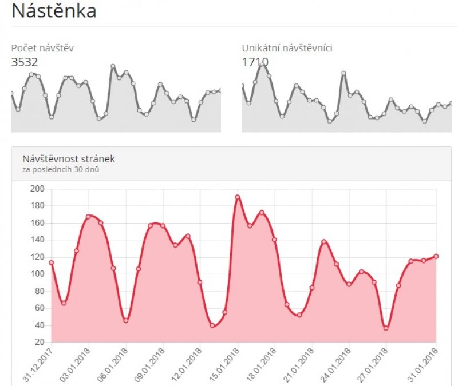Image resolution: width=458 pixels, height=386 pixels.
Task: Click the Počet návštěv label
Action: click(42, 49)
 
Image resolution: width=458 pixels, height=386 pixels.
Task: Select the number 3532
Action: click(25, 62)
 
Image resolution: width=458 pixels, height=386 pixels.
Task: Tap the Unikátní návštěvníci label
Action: click(287, 49)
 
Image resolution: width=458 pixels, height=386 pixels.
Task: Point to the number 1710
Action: click(255, 62)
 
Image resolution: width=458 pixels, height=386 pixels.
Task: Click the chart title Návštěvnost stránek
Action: click(69, 159)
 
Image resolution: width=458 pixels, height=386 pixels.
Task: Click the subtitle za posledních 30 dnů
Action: click(62, 169)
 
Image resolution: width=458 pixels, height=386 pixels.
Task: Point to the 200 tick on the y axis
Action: click(37, 189)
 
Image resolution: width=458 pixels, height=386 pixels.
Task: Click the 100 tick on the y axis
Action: click(37, 274)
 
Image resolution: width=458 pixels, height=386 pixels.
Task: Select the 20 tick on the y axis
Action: click(40, 342)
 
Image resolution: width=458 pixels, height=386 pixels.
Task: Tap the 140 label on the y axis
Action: click(37, 240)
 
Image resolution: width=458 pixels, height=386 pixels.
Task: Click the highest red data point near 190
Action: click(237, 197)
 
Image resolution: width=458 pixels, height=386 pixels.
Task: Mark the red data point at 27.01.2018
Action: click(386, 328)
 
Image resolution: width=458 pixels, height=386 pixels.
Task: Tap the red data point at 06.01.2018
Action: click(126, 320)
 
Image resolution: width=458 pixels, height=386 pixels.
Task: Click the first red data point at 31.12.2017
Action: click(52, 262)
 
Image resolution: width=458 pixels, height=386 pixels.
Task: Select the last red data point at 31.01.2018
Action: click(436, 256)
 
